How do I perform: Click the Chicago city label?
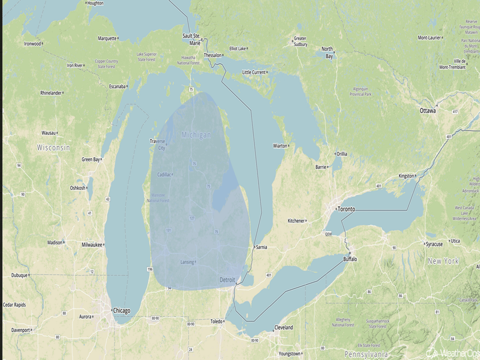(x=122, y=310)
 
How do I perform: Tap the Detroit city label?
(x=227, y=280)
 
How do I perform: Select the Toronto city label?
(x=346, y=209)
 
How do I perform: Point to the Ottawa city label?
(x=427, y=111)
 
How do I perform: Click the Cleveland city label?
(x=283, y=327)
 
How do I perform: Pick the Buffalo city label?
(x=350, y=259)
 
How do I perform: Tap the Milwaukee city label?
(x=92, y=245)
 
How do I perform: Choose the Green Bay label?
(x=90, y=159)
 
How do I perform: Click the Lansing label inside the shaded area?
(x=187, y=262)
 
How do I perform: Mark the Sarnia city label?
(x=261, y=247)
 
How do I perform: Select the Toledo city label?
(x=217, y=322)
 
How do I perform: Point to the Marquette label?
(x=107, y=38)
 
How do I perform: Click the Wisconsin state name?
(x=53, y=148)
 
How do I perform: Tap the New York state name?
(x=443, y=261)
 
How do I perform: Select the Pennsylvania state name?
(x=366, y=354)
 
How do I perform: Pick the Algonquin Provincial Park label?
(x=361, y=91)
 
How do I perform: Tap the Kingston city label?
(x=406, y=176)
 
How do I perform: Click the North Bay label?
(x=327, y=53)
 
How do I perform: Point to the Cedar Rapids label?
(x=14, y=305)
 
